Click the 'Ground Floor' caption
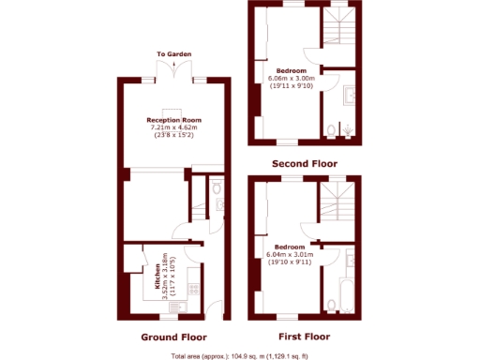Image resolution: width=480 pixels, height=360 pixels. coord(174,337)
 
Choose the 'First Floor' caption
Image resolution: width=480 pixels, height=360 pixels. coord(305,337)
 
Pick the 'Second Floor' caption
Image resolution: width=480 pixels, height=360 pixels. coord(305,164)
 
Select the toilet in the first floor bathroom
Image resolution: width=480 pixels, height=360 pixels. coord(331,303)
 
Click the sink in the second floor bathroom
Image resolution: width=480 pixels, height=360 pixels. coord(349,95)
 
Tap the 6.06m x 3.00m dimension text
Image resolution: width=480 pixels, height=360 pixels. coord(292,78)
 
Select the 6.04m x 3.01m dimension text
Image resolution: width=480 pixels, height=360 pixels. coord(290,254)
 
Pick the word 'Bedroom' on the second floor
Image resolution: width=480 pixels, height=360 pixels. coord(291,70)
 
